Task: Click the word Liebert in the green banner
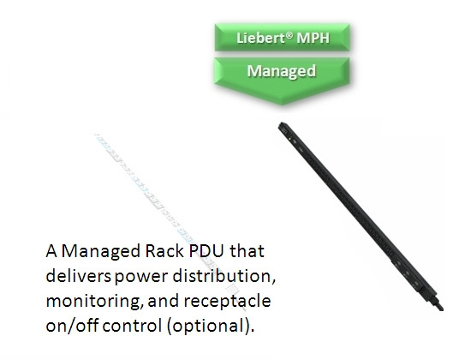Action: tap(260, 38)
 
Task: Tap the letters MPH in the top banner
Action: tap(313, 38)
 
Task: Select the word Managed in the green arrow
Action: tap(282, 71)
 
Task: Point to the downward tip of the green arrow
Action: tap(282, 104)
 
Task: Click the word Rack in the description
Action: tap(164, 251)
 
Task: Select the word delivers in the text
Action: tap(78, 276)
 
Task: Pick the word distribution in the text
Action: tap(224, 276)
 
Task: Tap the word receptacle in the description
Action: tap(228, 302)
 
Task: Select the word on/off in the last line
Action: tap(72, 326)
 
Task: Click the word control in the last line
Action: tap(132, 326)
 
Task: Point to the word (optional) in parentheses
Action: tap(211, 327)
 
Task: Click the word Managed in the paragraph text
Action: tap(101, 251)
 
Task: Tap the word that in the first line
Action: tap(247, 251)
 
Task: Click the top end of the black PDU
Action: tap(282, 124)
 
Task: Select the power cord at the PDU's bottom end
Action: tap(438, 303)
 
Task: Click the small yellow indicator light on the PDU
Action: tap(290, 139)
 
